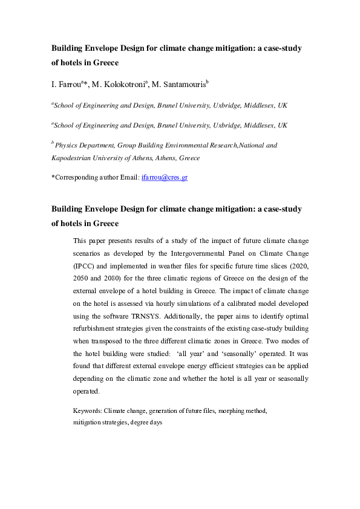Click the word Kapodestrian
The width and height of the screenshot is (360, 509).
73,157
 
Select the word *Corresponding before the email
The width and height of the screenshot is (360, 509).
76,178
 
